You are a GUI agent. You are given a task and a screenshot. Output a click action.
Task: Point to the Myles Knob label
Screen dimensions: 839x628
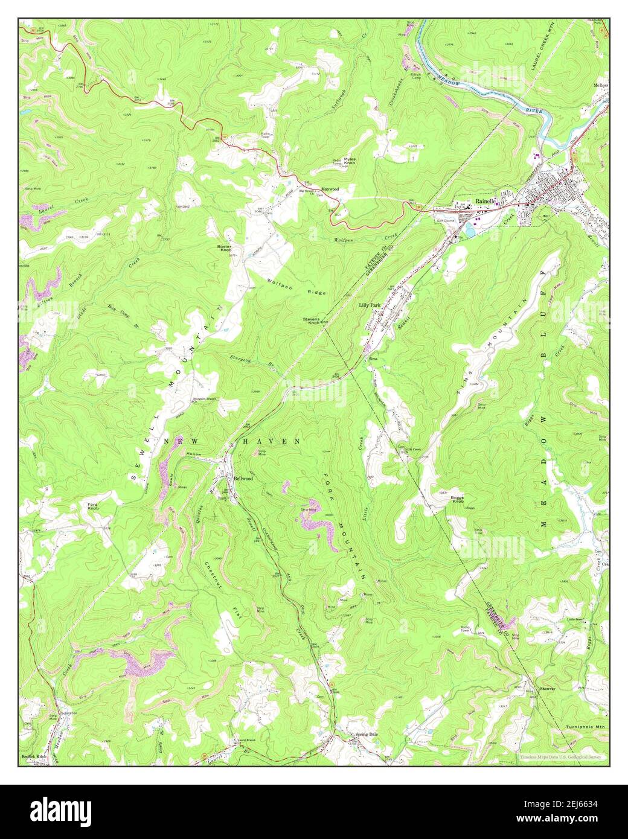tap(350, 161)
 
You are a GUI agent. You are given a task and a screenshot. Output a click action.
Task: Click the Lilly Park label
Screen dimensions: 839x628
tap(370, 305)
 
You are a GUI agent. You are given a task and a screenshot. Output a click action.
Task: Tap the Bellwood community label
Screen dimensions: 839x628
tap(243, 477)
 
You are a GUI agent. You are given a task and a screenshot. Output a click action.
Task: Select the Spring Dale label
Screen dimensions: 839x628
tap(366, 735)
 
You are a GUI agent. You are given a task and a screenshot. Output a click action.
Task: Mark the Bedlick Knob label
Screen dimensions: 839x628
tap(34, 756)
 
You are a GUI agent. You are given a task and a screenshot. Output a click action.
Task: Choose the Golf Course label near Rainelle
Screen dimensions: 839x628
tap(446, 221)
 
